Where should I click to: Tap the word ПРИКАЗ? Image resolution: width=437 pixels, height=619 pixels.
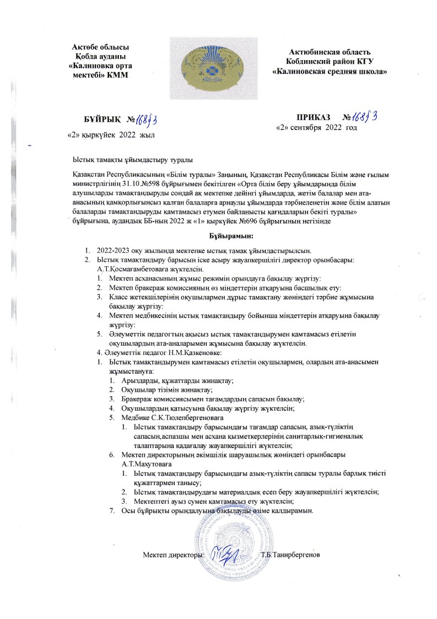click(313, 118)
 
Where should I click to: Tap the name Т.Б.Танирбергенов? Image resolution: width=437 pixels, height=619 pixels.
click(291, 553)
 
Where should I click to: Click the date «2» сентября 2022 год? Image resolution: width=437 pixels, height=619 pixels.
click(316, 128)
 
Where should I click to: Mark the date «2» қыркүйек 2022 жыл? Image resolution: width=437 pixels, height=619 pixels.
click(110, 134)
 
